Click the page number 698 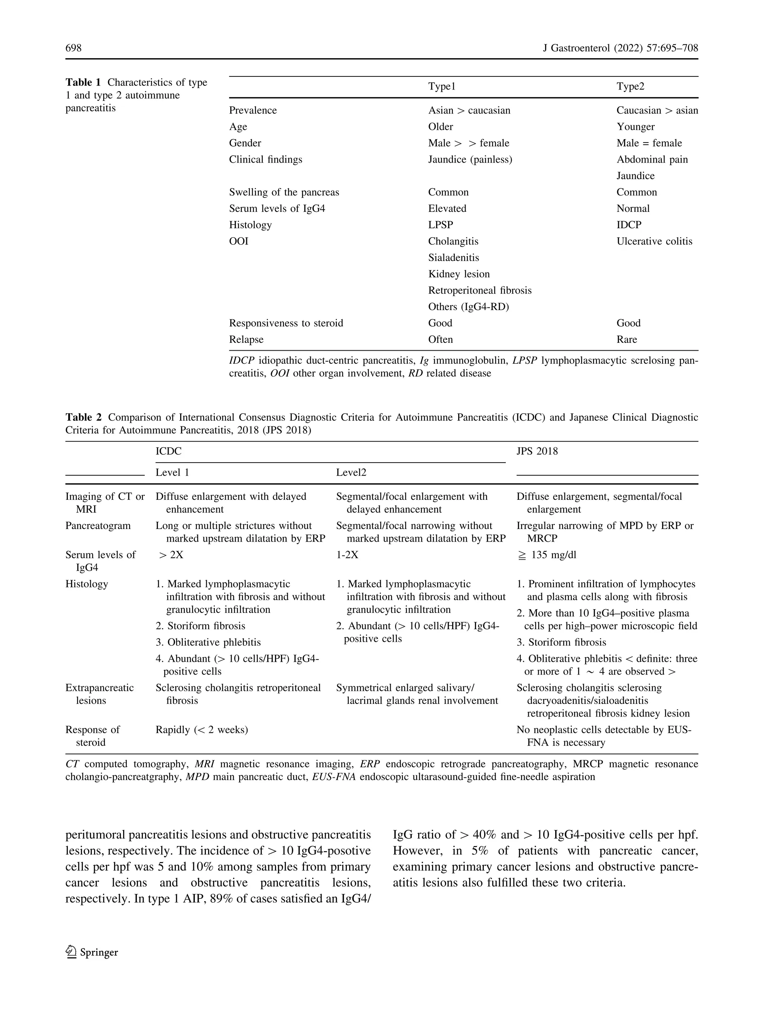73,48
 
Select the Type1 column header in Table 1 441,87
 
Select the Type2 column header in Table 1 630,87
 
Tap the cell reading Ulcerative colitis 654,241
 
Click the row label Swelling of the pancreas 284,192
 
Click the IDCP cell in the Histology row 629,225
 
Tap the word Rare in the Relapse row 626,339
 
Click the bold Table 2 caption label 84,417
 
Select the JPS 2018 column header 537,451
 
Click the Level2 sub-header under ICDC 351,473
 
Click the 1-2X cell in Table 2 347,555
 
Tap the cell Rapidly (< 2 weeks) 201,730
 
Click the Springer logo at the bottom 92,952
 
